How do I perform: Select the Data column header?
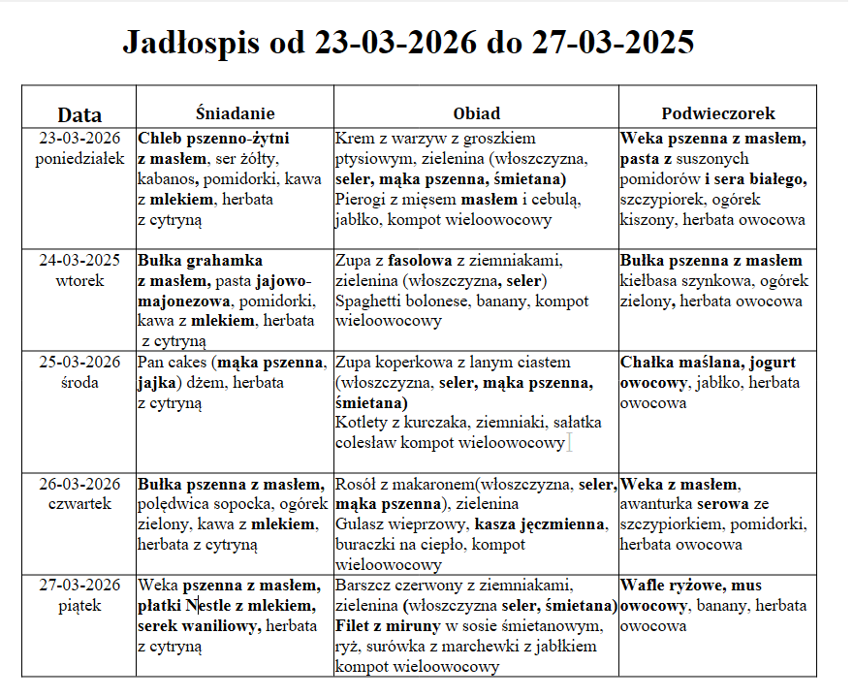click(x=79, y=114)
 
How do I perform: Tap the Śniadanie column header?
click(x=235, y=113)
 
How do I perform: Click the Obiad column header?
click(x=476, y=113)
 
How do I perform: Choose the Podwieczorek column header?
click(x=717, y=113)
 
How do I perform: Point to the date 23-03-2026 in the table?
click(x=79, y=139)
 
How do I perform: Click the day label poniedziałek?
click(x=79, y=158)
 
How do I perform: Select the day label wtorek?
click(x=79, y=280)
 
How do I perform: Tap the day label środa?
click(x=79, y=382)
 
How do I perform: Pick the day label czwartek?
click(x=79, y=503)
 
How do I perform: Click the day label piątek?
click(x=79, y=605)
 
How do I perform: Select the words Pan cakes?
click(x=174, y=363)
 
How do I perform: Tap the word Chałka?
click(x=648, y=363)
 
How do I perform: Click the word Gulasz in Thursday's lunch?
click(x=360, y=524)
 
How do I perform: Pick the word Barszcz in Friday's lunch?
click(x=363, y=586)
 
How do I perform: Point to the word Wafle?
click(x=643, y=586)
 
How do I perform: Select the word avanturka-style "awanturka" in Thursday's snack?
click(x=656, y=504)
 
